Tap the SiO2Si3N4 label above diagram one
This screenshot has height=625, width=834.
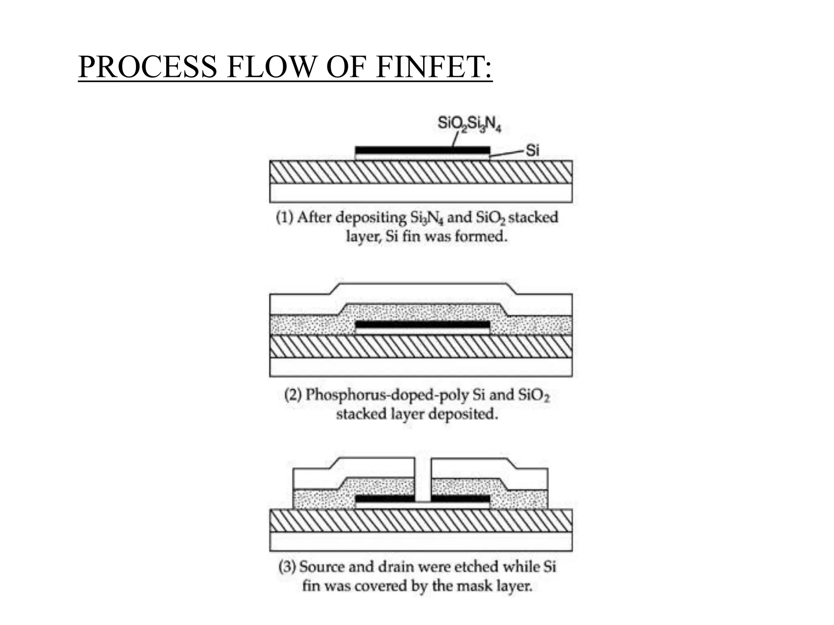469,124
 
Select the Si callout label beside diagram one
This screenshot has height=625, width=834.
533,151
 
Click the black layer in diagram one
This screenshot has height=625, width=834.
422,150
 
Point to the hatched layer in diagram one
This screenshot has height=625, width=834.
421,172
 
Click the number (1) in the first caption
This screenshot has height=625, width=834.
285,217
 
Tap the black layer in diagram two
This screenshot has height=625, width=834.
422,325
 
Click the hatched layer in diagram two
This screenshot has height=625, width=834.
421,347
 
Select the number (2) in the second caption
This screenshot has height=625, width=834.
293,395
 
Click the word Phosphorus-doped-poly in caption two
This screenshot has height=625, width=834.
387,395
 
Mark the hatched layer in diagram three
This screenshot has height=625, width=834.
421,521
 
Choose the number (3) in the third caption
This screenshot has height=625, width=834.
287,567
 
